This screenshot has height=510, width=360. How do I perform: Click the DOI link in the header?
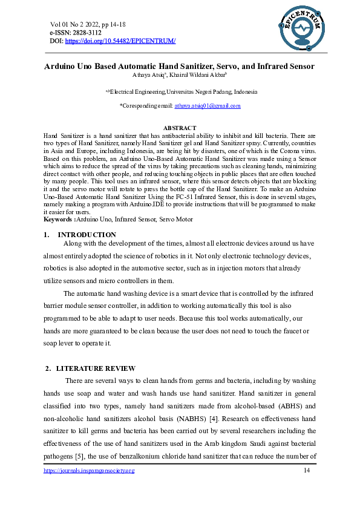(120, 41)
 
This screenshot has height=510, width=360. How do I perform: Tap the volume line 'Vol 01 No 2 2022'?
(79, 24)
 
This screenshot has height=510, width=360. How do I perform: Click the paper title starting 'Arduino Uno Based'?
(180, 66)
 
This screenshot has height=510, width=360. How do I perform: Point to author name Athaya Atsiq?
(146, 75)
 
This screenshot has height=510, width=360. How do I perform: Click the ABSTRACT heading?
(180, 128)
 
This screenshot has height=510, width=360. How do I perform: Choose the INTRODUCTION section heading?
(87, 235)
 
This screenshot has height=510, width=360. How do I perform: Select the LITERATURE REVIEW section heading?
(96, 368)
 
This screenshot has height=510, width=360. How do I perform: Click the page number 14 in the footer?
(306, 470)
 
